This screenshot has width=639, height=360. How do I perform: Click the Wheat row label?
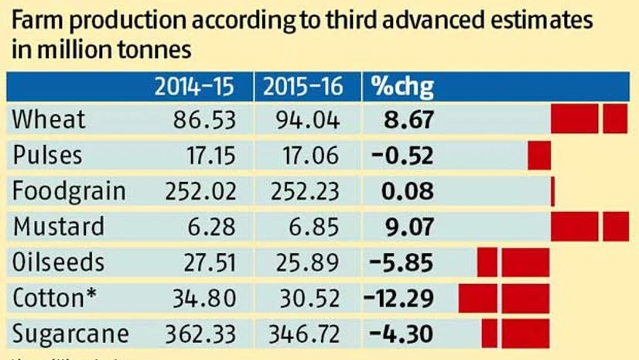click(x=50, y=120)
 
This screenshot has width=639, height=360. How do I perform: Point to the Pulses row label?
click(x=47, y=156)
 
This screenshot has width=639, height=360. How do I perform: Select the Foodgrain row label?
click(x=69, y=191)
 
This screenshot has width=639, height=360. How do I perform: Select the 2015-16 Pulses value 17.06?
click(x=309, y=156)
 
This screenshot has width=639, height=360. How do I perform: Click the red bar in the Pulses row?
click(x=539, y=156)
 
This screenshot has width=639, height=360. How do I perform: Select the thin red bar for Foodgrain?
click(x=552, y=191)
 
